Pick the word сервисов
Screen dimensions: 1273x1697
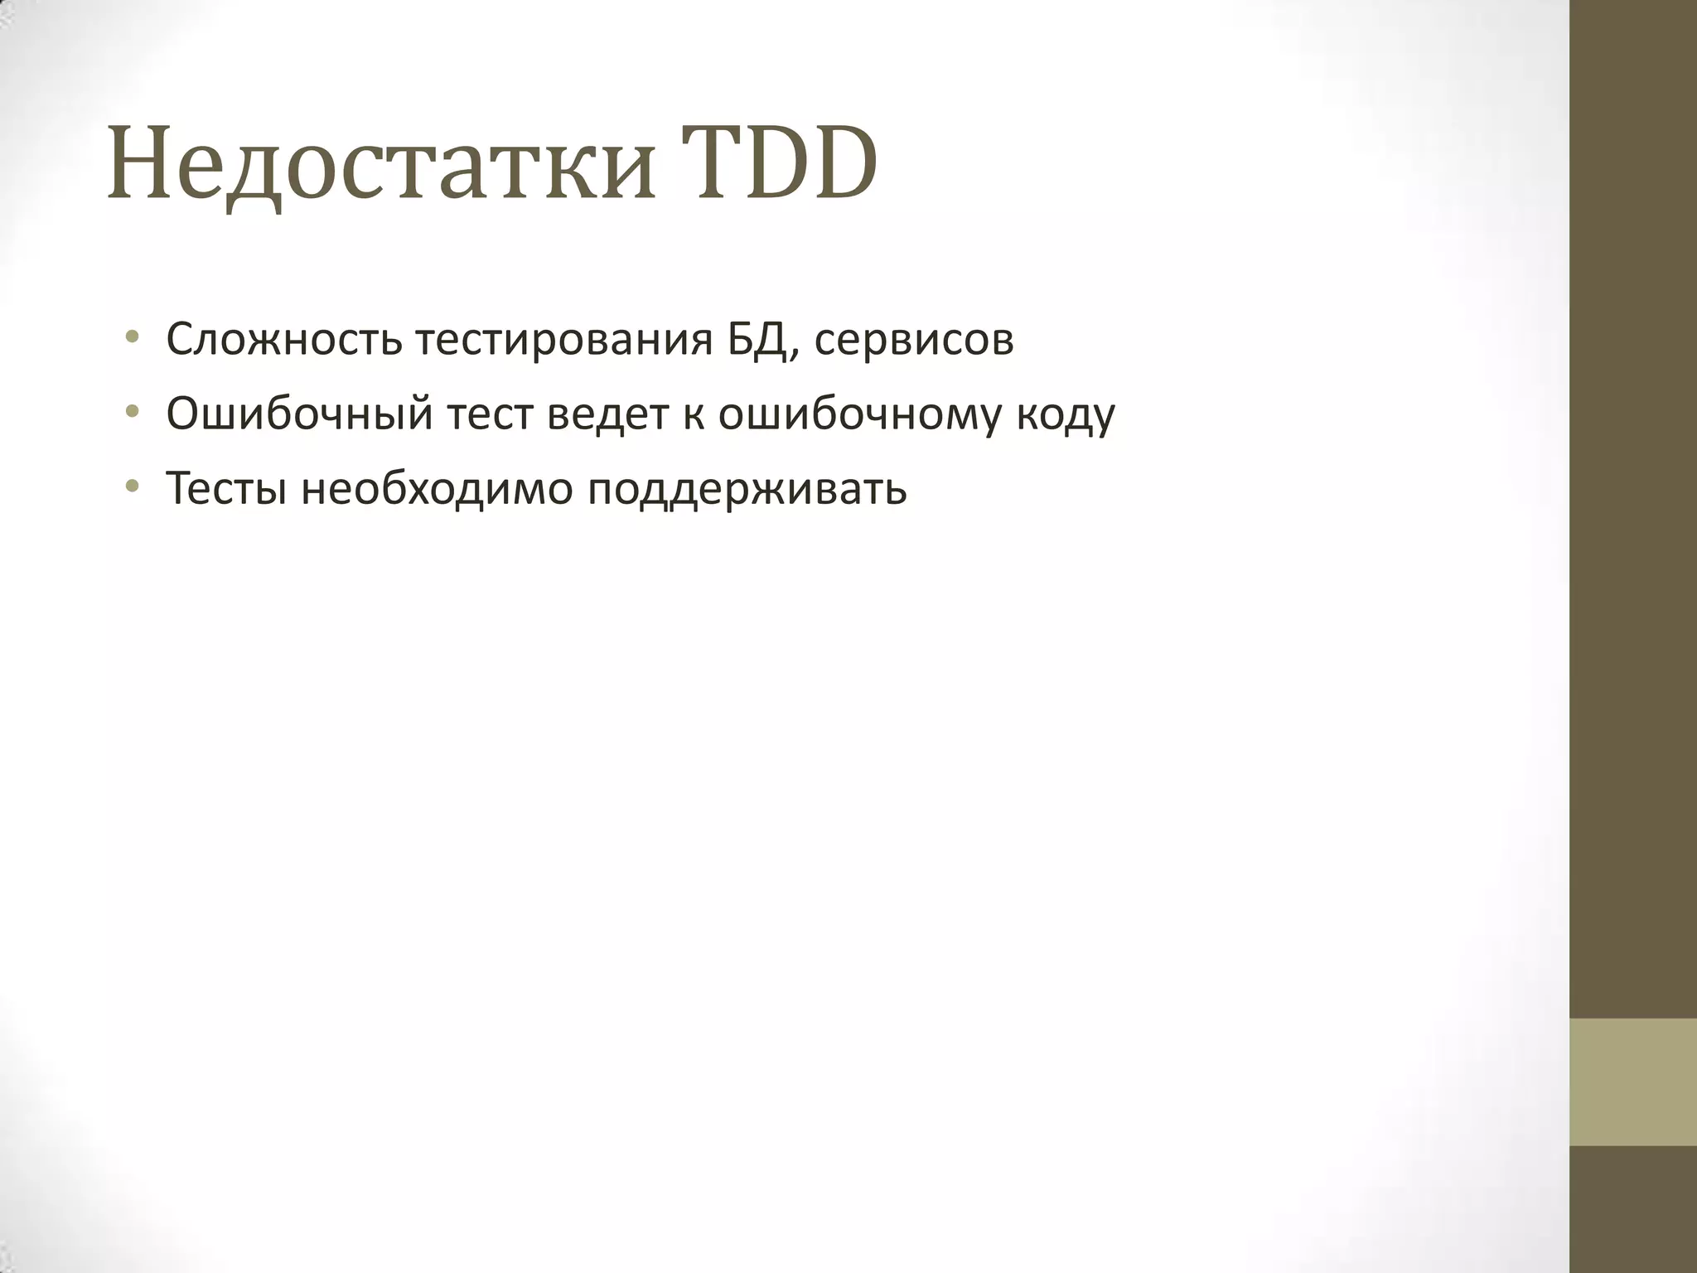pyautogui.click(x=913, y=340)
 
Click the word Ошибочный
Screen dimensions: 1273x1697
pyautogui.click(x=299, y=414)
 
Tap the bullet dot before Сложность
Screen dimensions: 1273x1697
pyautogui.click(x=131, y=338)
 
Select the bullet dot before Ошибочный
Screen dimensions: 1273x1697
pyautogui.click(x=131, y=412)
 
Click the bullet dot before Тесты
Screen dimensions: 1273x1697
pyautogui.click(x=131, y=486)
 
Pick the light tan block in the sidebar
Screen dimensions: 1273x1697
pyautogui.click(x=1633, y=1082)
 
